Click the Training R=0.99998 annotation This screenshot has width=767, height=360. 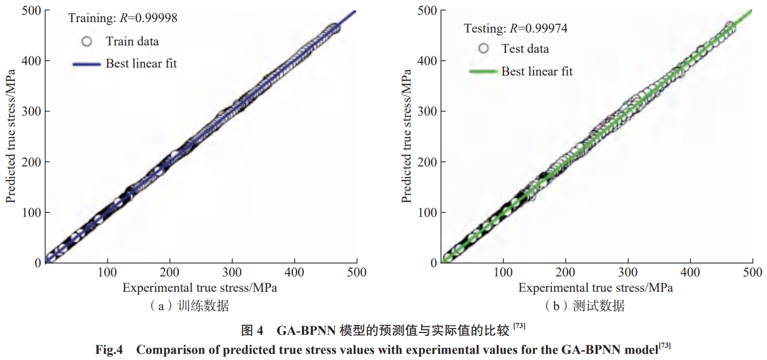(x=122, y=18)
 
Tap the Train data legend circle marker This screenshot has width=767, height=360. (x=87, y=42)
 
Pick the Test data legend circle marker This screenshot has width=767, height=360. (x=484, y=49)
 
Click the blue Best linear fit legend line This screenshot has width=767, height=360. (x=87, y=63)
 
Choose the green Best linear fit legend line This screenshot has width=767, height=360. (x=483, y=71)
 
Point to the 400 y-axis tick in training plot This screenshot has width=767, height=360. (x=33, y=61)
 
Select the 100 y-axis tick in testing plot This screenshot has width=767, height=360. (x=428, y=212)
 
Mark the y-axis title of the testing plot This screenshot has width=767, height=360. (x=407, y=136)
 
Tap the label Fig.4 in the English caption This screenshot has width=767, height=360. (x=109, y=350)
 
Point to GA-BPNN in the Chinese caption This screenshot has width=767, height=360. (x=304, y=331)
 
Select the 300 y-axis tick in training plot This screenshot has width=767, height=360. (x=33, y=111)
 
